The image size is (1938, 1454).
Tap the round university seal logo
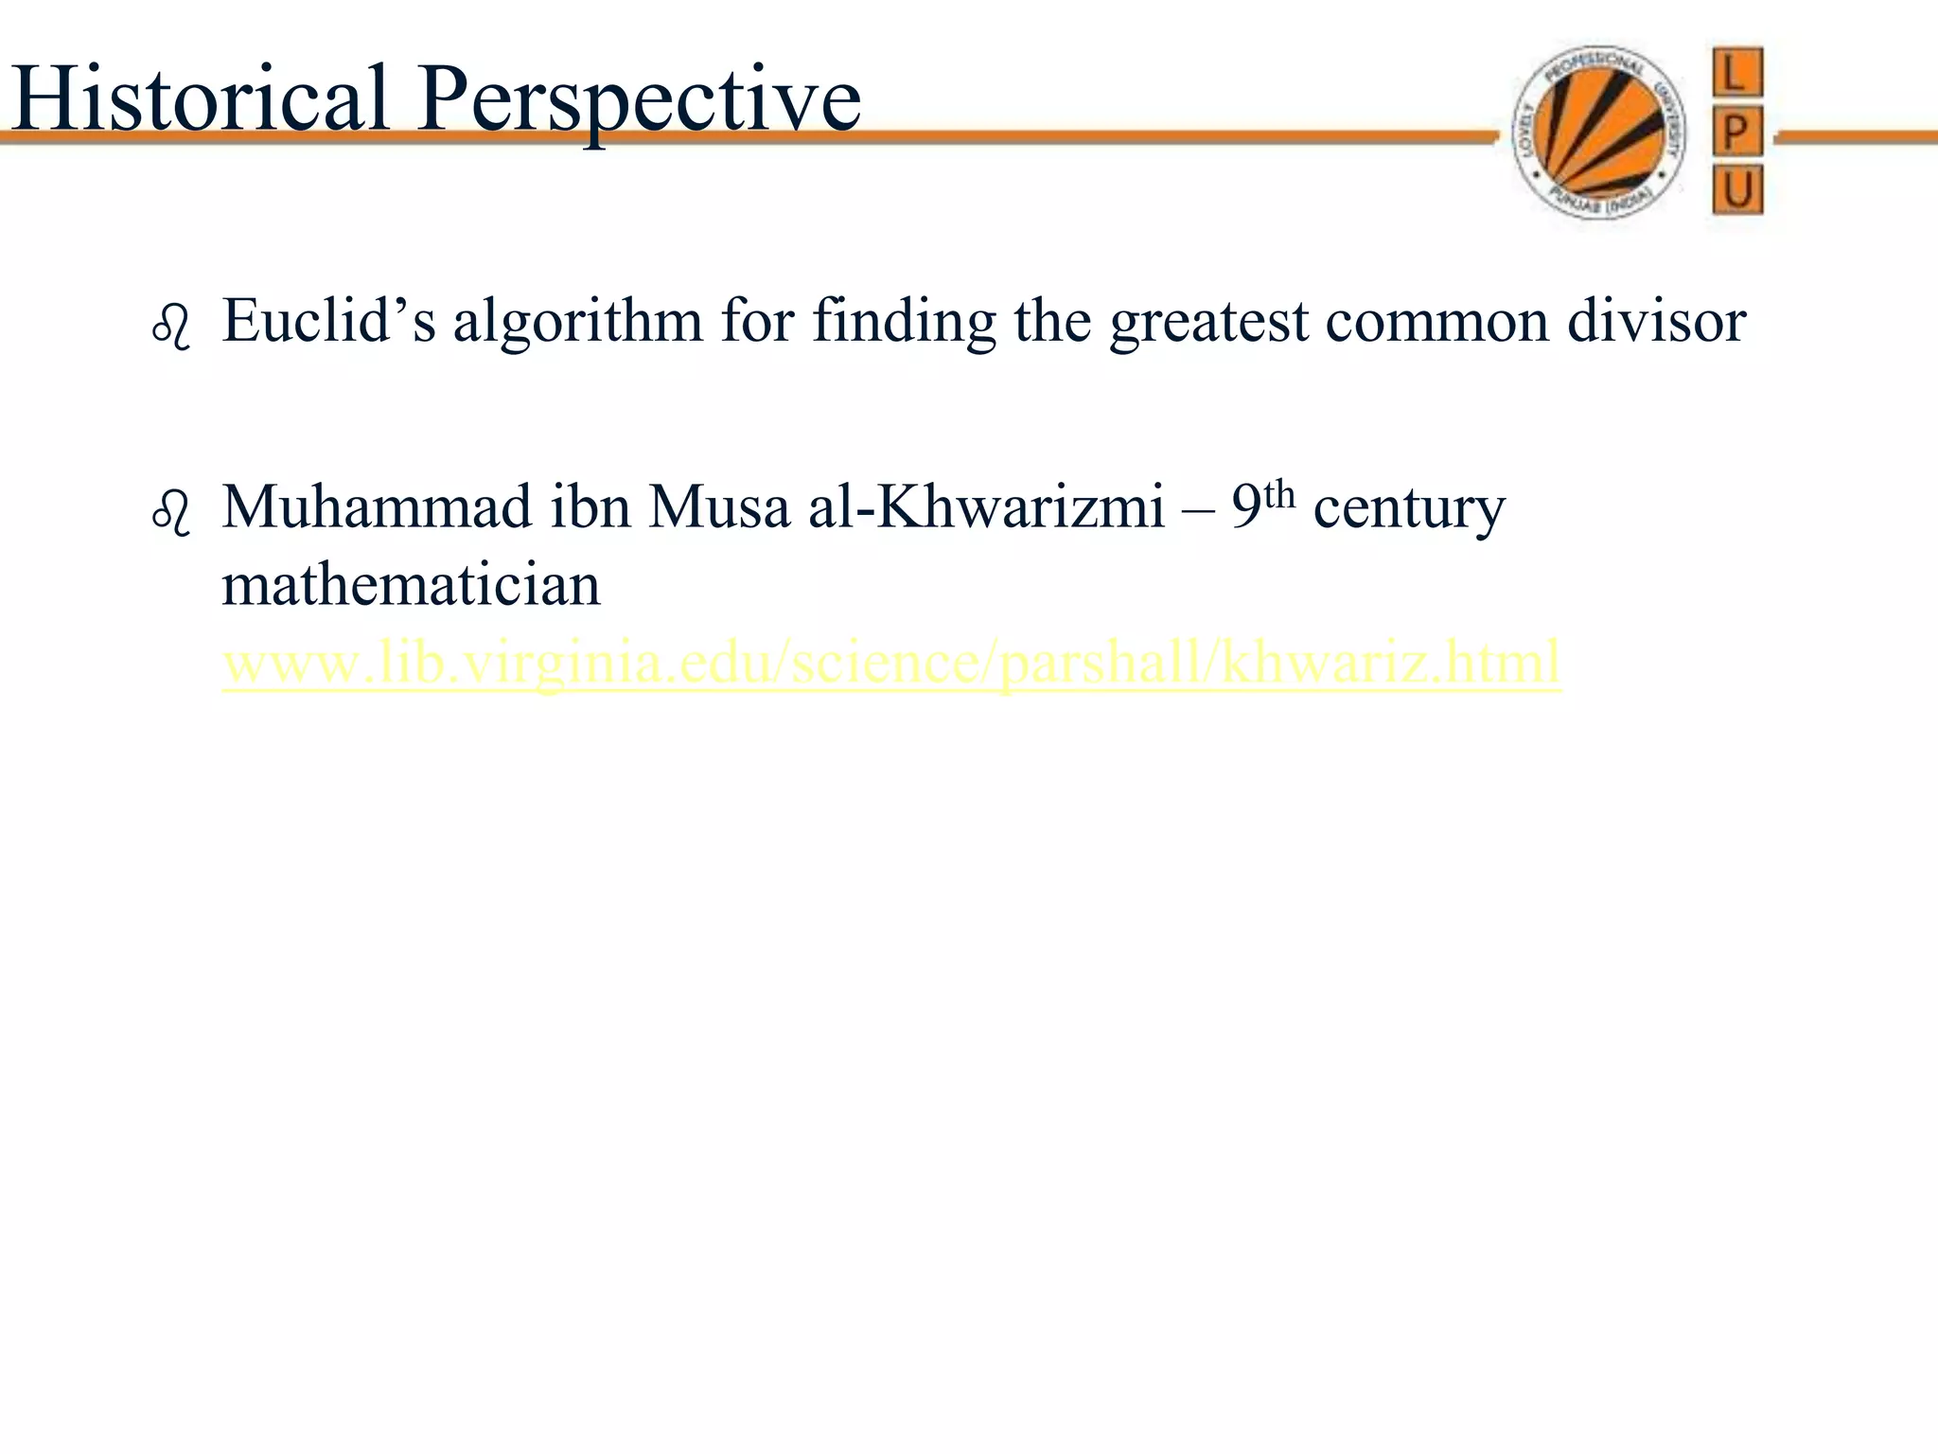[x=1598, y=133]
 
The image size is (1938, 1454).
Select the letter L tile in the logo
[x=1736, y=73]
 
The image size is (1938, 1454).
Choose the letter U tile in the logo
[x=1736, y=190]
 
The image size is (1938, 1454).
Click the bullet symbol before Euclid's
[x=171, y=328]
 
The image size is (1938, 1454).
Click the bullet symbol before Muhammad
[x=171, y=514]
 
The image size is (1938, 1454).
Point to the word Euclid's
[x=328, y=320]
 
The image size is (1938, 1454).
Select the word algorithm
[x=577, y=320]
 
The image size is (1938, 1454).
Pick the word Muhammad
[x=378, y=506]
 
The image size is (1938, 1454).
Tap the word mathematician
[x=411, y=584]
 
